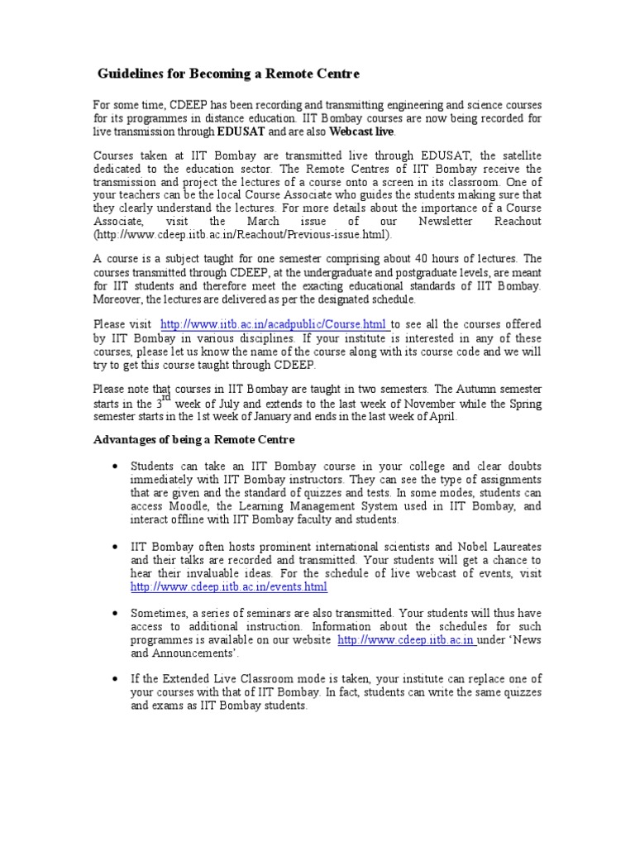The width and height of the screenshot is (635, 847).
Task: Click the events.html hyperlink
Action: (229, 586)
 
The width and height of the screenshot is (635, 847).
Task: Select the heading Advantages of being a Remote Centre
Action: (193, 439)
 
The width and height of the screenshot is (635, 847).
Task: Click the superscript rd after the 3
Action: (165, 398)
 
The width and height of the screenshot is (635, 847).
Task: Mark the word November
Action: (446, 404)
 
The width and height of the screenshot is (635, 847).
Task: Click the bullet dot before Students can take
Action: (112, 467)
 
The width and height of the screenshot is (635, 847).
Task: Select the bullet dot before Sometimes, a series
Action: (112, 614)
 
